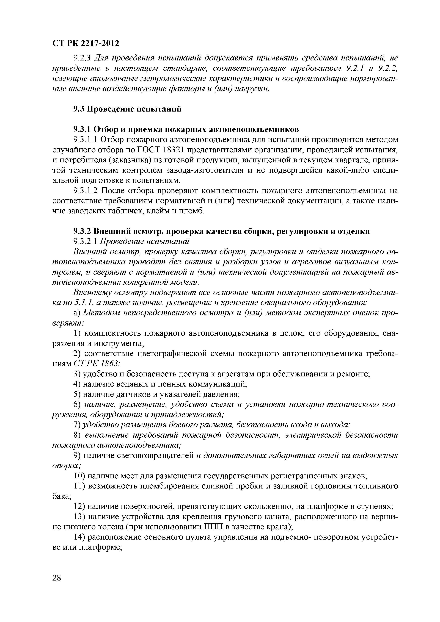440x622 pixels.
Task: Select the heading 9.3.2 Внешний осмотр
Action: pyautogui.click(x=221, y=231)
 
